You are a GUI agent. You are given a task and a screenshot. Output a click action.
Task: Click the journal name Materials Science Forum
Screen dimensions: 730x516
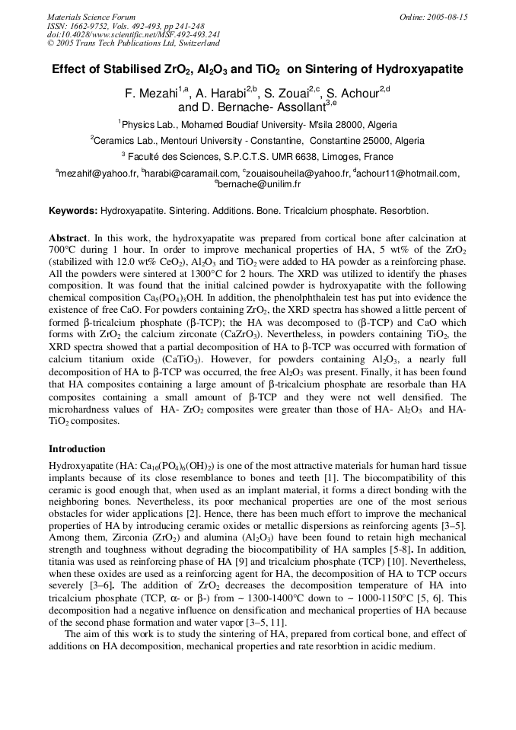[x=91, y=17]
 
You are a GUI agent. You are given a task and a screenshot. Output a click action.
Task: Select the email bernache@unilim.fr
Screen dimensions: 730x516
[x=260, y=184]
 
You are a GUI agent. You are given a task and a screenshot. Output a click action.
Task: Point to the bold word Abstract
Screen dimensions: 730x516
[x=68, y=238]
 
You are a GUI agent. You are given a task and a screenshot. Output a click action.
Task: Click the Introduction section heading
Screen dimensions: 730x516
[x=77, y=449]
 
